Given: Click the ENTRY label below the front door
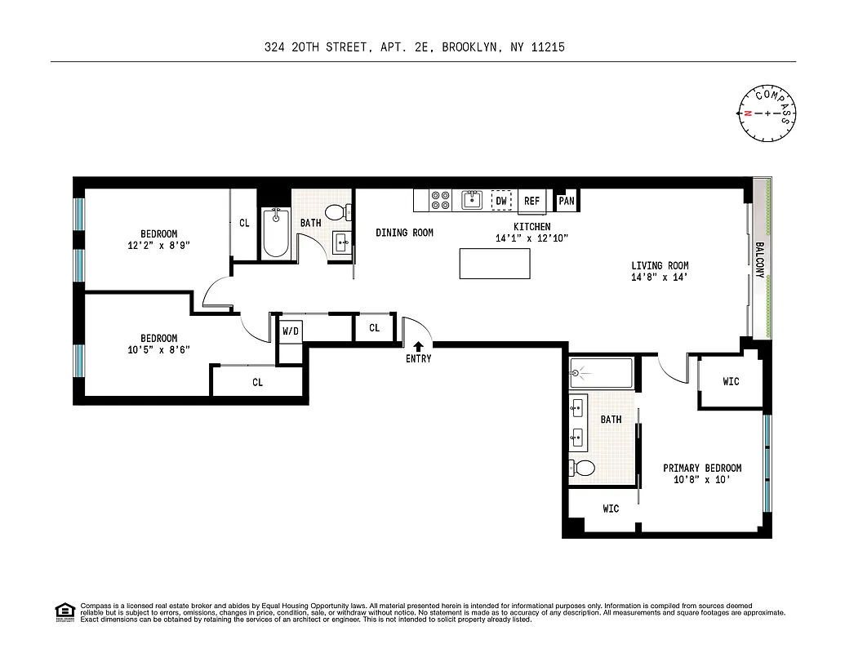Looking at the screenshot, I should point(418,358).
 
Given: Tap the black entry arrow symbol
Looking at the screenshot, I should point(419,347).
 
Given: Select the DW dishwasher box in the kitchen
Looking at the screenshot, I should point(501,200).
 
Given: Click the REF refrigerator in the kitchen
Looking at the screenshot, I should point(531,201).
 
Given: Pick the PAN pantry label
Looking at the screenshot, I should point(566,200).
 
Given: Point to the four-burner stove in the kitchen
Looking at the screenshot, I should point(441,200).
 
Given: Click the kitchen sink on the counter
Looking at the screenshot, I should point(472,199).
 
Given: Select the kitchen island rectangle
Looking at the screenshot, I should point(495,264).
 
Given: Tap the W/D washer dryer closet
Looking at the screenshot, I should point(290,331).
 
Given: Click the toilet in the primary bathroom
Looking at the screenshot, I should point(583,469).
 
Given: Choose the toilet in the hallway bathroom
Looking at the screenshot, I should point(346,212).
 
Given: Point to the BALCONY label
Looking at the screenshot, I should point(759,260).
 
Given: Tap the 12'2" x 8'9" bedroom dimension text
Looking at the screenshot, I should point(158,245).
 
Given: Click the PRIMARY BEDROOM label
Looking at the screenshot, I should point(702,468).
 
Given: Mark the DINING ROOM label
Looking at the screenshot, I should point(404,233).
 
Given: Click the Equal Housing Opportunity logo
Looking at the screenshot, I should point(64,611).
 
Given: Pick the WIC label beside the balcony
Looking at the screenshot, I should point(731,381).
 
